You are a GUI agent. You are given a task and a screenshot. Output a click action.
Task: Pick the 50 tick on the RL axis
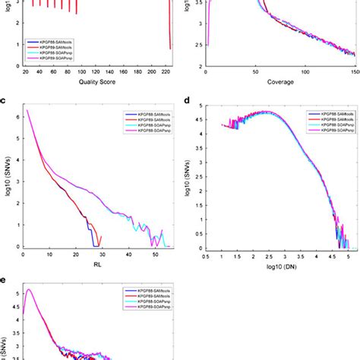point(156,254)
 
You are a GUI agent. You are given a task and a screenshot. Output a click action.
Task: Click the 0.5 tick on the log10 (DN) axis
point(207,256)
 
